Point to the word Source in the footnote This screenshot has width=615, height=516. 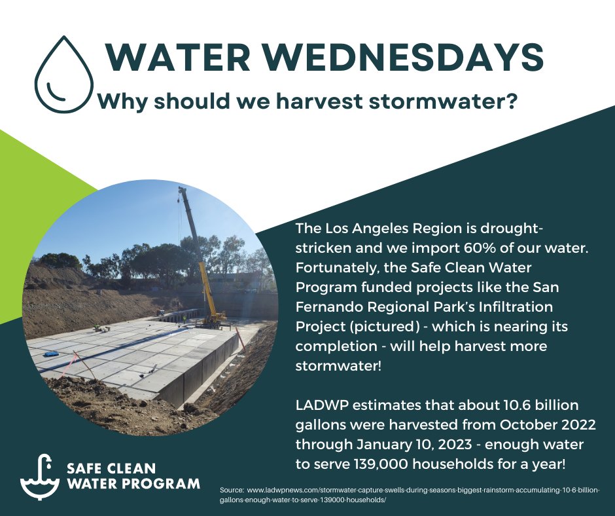pos(232,490)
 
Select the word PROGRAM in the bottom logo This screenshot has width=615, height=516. pos(167,485)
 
